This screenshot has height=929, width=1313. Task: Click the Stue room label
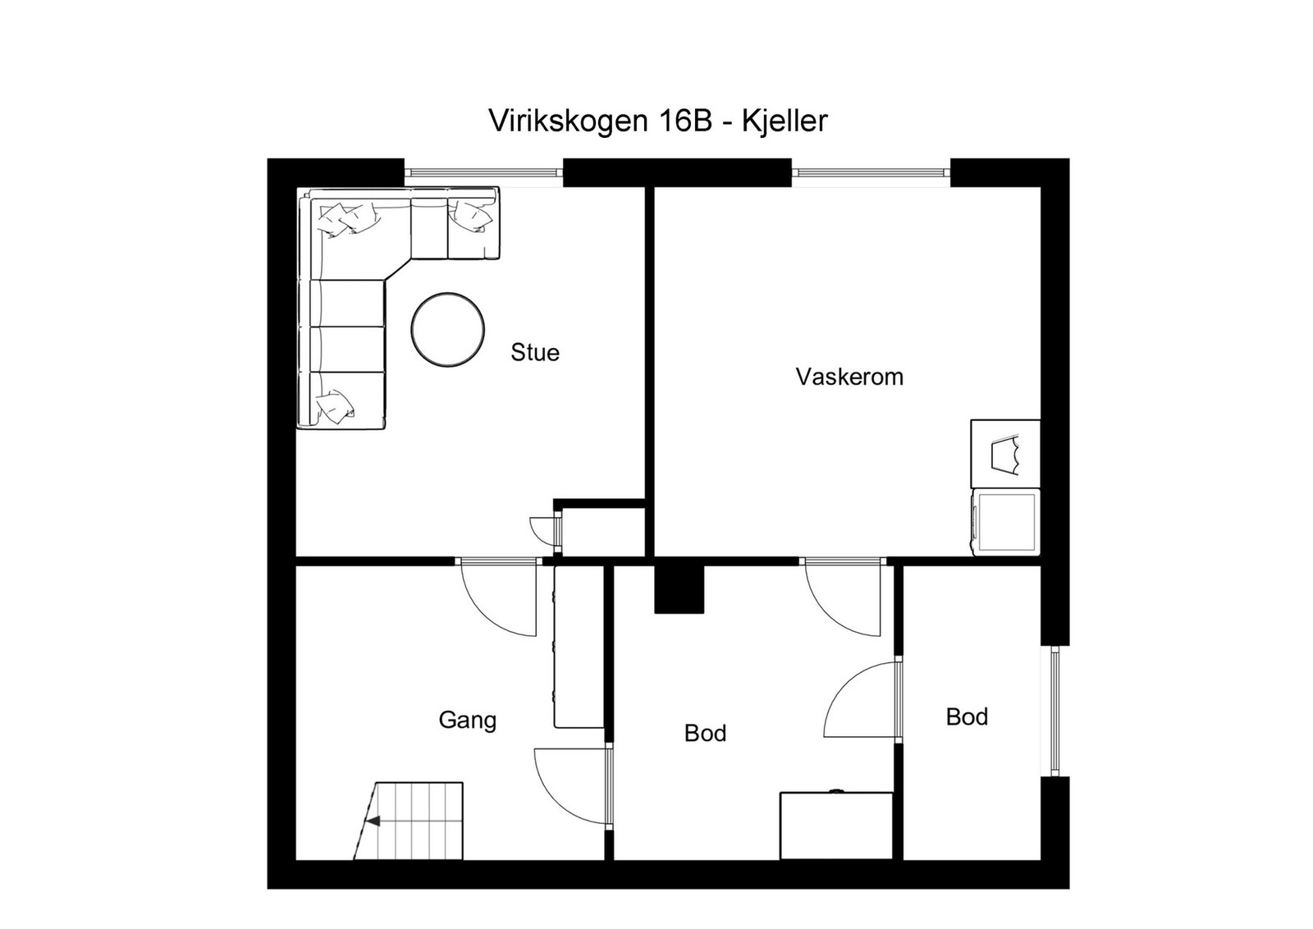click(535, 353)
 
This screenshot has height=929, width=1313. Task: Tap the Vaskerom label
click(849, 377)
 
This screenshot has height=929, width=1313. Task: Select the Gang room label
click(468, 720)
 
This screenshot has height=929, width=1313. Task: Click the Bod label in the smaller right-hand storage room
click(967, 716)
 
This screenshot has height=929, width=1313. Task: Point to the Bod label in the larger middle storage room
click(705, 733)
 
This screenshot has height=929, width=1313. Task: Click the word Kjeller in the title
click(785, 121)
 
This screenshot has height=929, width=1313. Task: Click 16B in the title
click(687, 121)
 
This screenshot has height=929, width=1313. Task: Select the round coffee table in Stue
click(448, 329)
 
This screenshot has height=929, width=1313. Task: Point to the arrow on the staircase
click(373, 820)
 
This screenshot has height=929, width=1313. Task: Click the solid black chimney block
click(679, 589)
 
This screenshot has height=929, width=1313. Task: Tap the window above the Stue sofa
click(483, 173)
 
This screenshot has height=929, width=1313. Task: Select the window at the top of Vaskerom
click(871, 173)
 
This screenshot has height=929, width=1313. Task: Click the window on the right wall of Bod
click(1055, 711)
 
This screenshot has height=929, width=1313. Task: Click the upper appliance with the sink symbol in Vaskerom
click(1005, 454)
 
